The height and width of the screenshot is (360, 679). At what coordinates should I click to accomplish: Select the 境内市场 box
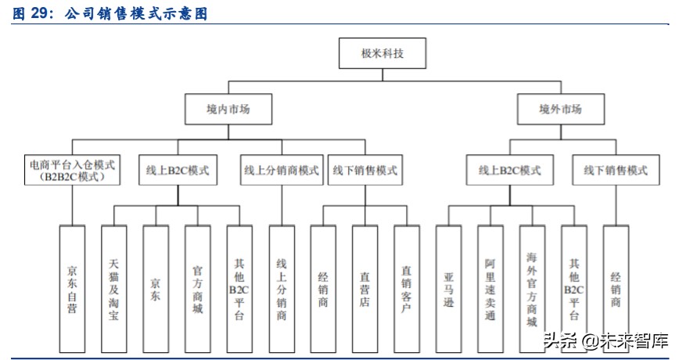point(228,109)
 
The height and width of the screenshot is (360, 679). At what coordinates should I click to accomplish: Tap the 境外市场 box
point(561,109)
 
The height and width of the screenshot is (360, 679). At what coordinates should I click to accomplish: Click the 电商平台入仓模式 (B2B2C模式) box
point(72,171)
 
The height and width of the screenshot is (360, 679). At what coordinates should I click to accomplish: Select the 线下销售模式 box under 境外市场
point(616,171)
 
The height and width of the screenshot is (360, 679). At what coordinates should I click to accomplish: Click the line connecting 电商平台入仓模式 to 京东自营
point(72,205)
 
